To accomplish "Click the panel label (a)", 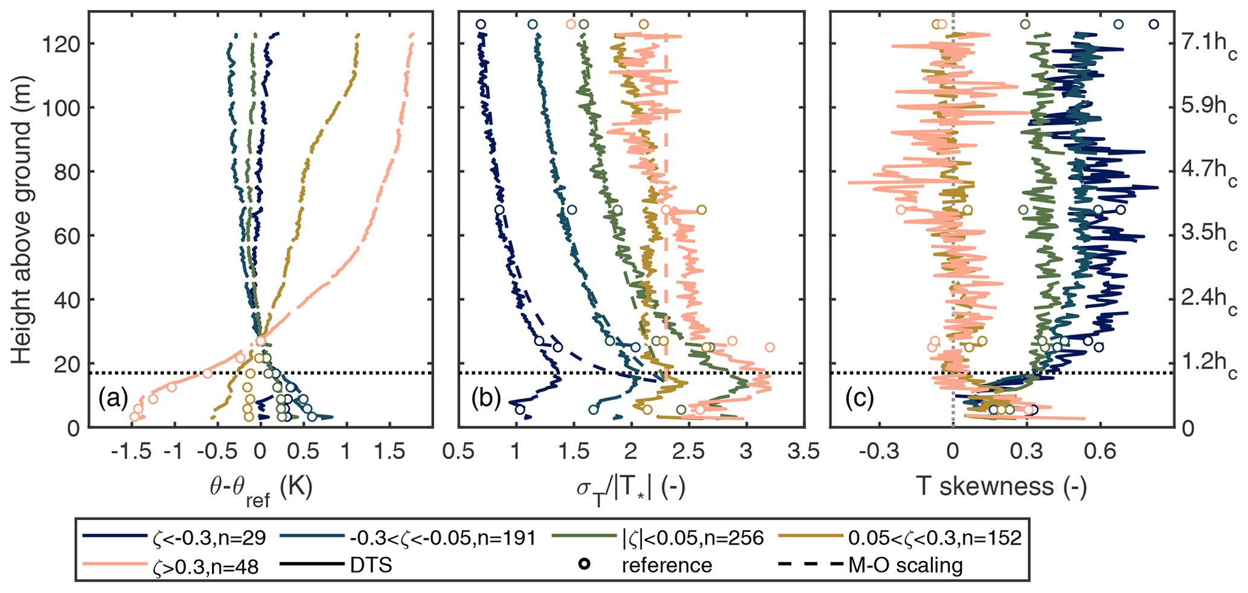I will pyautogui.click(x=113, y=399).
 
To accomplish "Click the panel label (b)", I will pyautogui.click(x=486, y=399).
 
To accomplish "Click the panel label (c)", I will pyautogui.click(x=859, y=399).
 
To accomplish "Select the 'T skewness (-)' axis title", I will pyautogui.click(x=1001, y=486).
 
